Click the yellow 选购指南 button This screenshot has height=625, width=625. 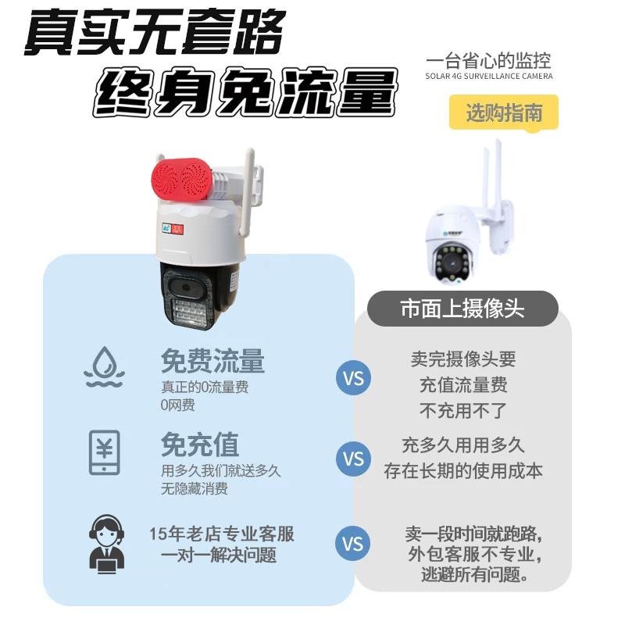tap(504, 112)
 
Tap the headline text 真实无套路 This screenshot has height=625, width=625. tap(153, 34)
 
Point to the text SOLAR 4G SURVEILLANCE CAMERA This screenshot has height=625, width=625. tap(489, 77)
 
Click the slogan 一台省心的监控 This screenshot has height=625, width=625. tap(489, 61)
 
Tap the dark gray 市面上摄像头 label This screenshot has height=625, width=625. tap(462, 308)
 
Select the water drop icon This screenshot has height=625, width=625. tap(105, 366)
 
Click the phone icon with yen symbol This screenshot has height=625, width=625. tap(105, 452)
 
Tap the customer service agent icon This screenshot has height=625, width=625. tap(105, 541)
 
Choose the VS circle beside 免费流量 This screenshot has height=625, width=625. tap(353, 379)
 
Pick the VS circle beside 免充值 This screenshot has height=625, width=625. tap(353, 458)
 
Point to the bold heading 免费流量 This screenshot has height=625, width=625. tap(212, 361)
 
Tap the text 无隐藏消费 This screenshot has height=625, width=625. tap(195, 489)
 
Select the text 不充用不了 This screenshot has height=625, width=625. tap(463, 409)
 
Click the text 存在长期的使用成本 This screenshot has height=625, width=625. tap(463, 470)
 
